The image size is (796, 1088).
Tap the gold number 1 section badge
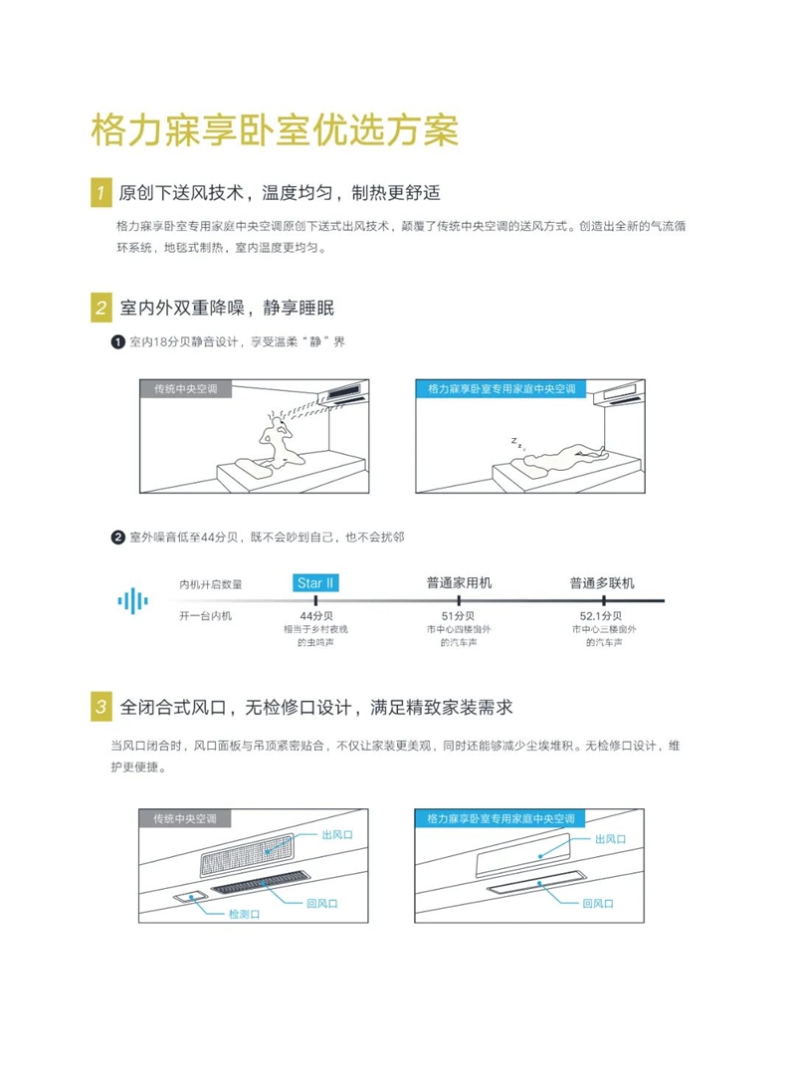pos(100,191)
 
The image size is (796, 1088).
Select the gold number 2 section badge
pos(100,307)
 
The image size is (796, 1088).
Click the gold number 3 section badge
pos(100,708)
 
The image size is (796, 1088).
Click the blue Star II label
pos(314,582)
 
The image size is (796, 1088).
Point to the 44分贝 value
pos(315,616)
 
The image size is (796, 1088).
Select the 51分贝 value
pos(459,616)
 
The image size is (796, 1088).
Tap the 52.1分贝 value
pos(602,616)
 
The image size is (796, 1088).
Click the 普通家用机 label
pos(459,582)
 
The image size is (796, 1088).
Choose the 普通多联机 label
pos(602,582)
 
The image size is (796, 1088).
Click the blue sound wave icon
pos(133,599)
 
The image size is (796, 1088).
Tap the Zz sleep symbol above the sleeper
pos(518,440)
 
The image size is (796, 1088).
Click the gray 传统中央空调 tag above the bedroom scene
pos(186,388)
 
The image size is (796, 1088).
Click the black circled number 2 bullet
pos(117,538)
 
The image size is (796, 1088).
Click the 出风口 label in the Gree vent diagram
pos(611,839)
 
